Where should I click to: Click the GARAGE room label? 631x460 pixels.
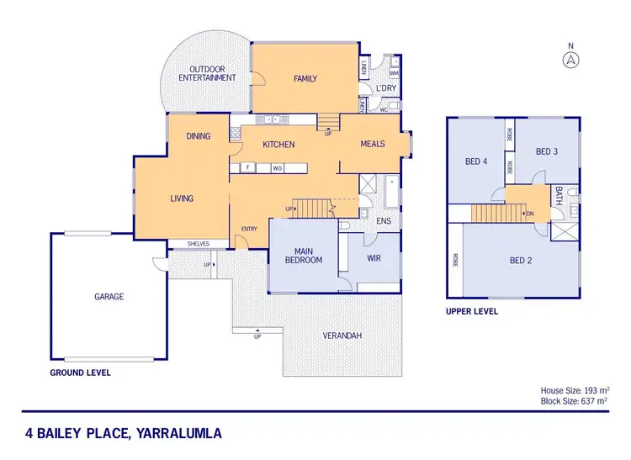tap(109, 297)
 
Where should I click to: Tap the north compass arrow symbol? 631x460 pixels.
tap(570, 59)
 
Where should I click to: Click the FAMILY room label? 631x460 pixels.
tap(305, 79)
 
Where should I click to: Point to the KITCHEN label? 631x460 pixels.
tap(278, 145)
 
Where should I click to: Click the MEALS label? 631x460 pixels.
tap(373, 144)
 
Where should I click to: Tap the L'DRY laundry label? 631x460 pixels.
tap(386, 88)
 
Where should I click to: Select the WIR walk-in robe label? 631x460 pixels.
tap(374, 258)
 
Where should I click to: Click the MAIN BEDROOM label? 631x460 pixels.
tap(303, 255)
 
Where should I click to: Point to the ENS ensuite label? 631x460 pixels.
tap(384, 222)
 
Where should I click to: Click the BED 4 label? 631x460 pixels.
tap(477, 162)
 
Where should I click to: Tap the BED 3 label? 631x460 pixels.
tap(547, 152)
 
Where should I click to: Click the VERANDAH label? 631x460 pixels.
tap(342, 336)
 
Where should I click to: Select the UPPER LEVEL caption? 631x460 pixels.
tap(471, 311)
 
